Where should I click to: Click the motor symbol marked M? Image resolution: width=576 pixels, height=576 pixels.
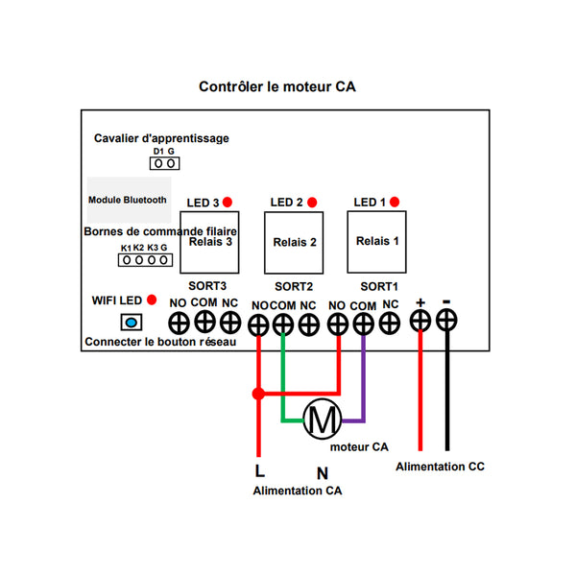pyautogui.click(x=323, y=419)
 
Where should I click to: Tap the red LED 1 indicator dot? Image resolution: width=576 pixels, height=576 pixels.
pyautogui.click(x=395, y=202)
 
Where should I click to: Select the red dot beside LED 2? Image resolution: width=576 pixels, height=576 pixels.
pyautogui.click(x=312, y=202)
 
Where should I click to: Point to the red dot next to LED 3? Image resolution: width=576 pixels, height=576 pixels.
pyautogui.click(x=228, y=202)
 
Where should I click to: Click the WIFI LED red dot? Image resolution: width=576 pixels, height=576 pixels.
pyautogui.click(x=152, y=300)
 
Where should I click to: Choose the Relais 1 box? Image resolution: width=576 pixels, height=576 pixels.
pyautogui.click(x=377, y=242)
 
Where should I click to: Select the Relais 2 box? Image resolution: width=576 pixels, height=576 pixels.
pyautogui.click(x=294, y=243)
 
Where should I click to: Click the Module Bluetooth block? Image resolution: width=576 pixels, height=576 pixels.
pyautogui.click(x=129, y=200)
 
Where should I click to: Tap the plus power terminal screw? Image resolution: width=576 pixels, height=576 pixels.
pyautogui.click(x=420, y=321)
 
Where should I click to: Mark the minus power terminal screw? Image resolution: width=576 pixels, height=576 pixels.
pyautogui.click(x=446, y=320)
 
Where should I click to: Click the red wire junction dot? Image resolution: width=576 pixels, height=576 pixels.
pyautogui.click(x=258, y=394)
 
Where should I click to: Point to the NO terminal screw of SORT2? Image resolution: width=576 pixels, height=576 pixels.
pyautogui.click(x=258, y=325)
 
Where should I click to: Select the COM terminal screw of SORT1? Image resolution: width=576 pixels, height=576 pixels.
pyautogui.click(x=363, y=324)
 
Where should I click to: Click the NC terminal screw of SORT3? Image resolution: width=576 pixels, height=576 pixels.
pyautogui.click(x=230, y=323)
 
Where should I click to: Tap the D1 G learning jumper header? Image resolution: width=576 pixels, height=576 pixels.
pyautogui.click(x=164, y=163)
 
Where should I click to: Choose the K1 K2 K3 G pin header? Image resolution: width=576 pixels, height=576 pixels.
pyautogui.click(x=145, y=260)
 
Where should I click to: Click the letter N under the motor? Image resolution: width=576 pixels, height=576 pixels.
pyautogui.click(x=323, y=473)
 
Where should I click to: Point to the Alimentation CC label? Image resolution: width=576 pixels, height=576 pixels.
pyautogui.click(x=440, y=467)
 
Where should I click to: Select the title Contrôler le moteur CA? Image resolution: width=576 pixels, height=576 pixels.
pyautogui.click(x=277, y=86)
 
